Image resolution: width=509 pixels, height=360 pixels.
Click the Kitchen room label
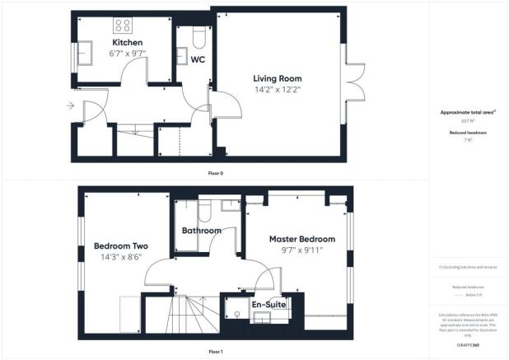pos(128,43)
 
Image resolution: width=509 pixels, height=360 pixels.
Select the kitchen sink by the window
pos(86,55)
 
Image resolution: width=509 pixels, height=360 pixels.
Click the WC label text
pos(198,59)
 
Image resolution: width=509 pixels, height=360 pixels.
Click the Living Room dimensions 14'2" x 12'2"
pos(277,89)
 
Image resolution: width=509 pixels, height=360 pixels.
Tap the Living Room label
pos(277,78)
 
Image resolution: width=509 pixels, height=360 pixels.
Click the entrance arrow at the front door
pos(70,105)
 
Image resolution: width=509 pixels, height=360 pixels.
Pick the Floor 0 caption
pos(216,174)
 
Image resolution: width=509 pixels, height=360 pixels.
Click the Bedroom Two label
pos(120,245)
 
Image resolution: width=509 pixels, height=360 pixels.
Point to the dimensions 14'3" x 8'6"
pos(120,256)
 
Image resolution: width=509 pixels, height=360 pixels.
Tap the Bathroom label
pos(202,231)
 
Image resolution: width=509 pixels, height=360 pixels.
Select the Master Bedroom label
pos(302,239)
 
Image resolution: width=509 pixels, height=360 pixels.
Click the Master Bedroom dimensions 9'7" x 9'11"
pos(302,250)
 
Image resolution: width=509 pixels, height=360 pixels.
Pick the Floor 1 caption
pos(216,352)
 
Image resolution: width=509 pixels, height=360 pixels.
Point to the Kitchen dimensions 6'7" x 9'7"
pos(128,54)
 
